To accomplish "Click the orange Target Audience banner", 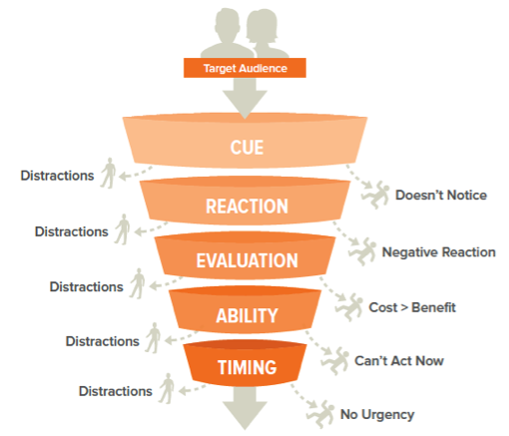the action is (245, 68).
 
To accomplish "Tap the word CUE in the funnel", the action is (247, 148).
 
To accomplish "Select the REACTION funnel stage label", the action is (247, 207).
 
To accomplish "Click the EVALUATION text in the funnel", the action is (247, 260).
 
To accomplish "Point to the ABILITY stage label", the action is (247, 315).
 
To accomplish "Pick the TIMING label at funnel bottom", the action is (247, 367).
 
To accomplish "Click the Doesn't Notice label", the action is (441, 196).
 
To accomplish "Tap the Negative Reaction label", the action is (439, 252).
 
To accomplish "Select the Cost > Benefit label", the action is (412, 307).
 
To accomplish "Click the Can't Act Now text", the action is (399, 361).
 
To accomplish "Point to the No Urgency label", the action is (377, 415).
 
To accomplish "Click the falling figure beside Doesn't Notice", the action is (376, 195).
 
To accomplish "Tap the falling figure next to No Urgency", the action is (320, 414).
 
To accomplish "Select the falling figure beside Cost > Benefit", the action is (349, 307).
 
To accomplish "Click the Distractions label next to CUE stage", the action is (57, 176).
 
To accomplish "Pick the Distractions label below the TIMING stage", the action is (116, 391).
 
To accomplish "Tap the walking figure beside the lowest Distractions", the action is (167, 388).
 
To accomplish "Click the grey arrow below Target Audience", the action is (245, 99).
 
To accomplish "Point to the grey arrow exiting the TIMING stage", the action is (245, 408).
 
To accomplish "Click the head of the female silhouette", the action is (261, 25).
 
